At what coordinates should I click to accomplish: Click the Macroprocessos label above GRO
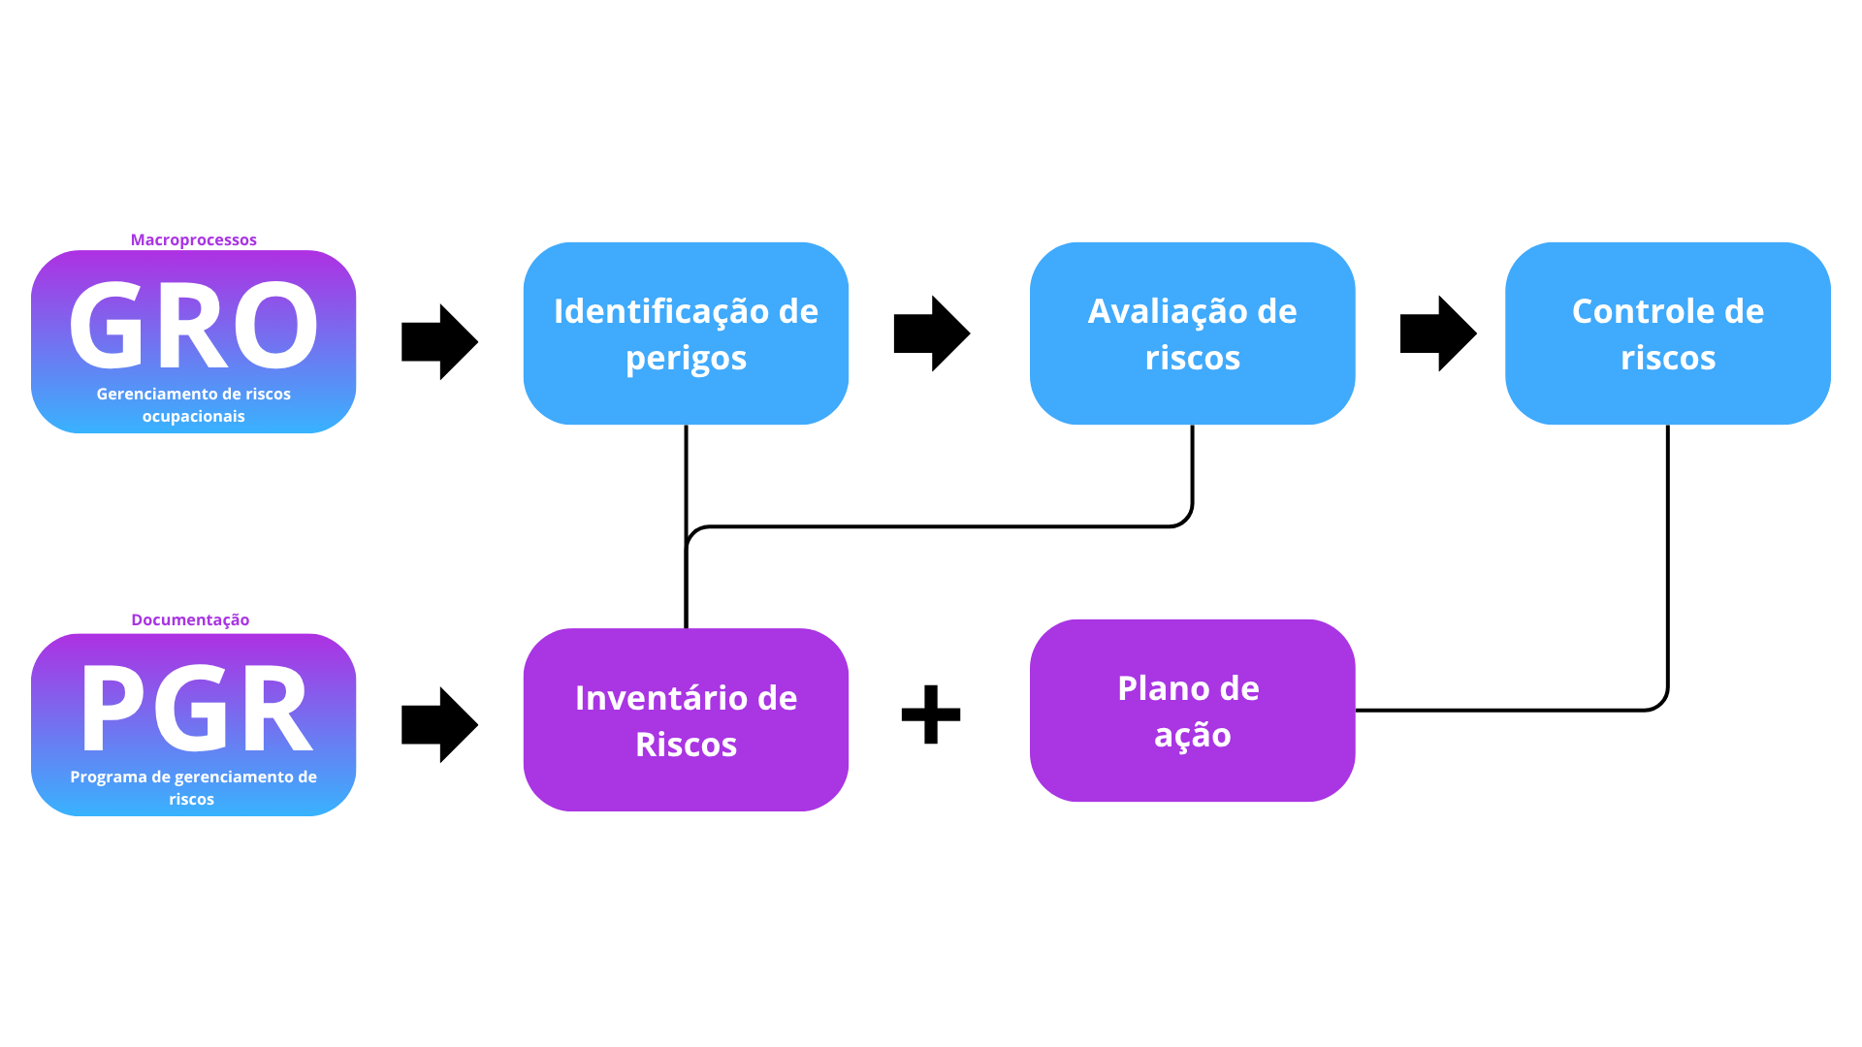click(x=193, y=239)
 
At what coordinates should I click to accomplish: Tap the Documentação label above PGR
click(x=190, y=619)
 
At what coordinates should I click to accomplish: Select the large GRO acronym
click(x=193, y=326)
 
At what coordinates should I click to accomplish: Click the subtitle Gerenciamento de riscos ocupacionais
click(x=193, y=404)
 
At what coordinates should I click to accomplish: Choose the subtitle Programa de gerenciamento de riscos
click(x=193, y=787)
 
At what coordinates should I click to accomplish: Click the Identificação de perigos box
click(x=686, y=333)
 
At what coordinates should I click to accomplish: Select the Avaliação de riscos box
click(x=1192, y=333)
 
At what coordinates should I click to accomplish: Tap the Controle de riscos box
click(x=1667, y=333)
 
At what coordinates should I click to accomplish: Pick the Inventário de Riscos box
click(x=686, y=719)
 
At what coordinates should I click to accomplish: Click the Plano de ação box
click(x=1192, y=710)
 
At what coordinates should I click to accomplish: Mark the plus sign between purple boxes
click(x=930, y=714)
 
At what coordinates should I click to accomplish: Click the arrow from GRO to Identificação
click(x=438, y=341)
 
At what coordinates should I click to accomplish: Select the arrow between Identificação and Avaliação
click(x=930, y=333)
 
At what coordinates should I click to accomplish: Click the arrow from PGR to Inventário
click(x=438, y=724)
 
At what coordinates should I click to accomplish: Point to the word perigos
click(x=686, y=358)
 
